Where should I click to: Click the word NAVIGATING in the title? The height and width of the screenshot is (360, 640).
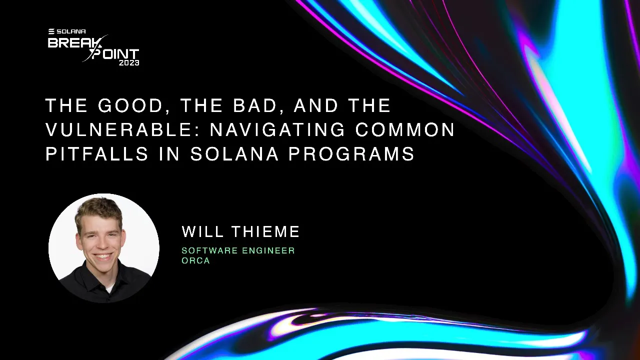pos(277,130)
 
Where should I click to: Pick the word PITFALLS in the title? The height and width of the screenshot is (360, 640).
pos(97,154)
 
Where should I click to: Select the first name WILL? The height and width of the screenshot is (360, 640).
pos(202,231)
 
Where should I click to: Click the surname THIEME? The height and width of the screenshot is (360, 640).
pos(265,231)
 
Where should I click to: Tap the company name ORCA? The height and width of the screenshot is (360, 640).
pos(195,260)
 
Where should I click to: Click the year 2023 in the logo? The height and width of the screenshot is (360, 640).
pos(129,63)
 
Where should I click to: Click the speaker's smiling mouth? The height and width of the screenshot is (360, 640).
pos(103,256)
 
